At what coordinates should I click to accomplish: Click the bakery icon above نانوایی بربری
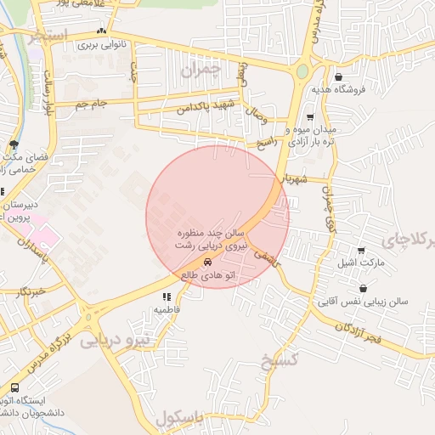click(x=102, y=31)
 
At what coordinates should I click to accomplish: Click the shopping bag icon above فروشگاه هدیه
click(x=339, y=76)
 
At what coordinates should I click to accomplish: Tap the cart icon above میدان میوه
click(x=310, y=117)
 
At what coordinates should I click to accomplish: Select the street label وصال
click(x=256, y=110)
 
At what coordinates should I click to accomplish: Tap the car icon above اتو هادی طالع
click(x=210, y=263)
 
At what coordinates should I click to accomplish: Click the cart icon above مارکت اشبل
click(x=362, y=251)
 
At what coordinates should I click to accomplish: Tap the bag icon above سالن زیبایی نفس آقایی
click(x=363, y=289)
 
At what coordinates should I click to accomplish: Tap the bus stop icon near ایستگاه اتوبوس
click(x=14, y=387)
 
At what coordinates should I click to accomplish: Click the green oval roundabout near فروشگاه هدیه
click(x=302, y=71)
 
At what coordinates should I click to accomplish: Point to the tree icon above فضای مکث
click(x=14, y=144)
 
